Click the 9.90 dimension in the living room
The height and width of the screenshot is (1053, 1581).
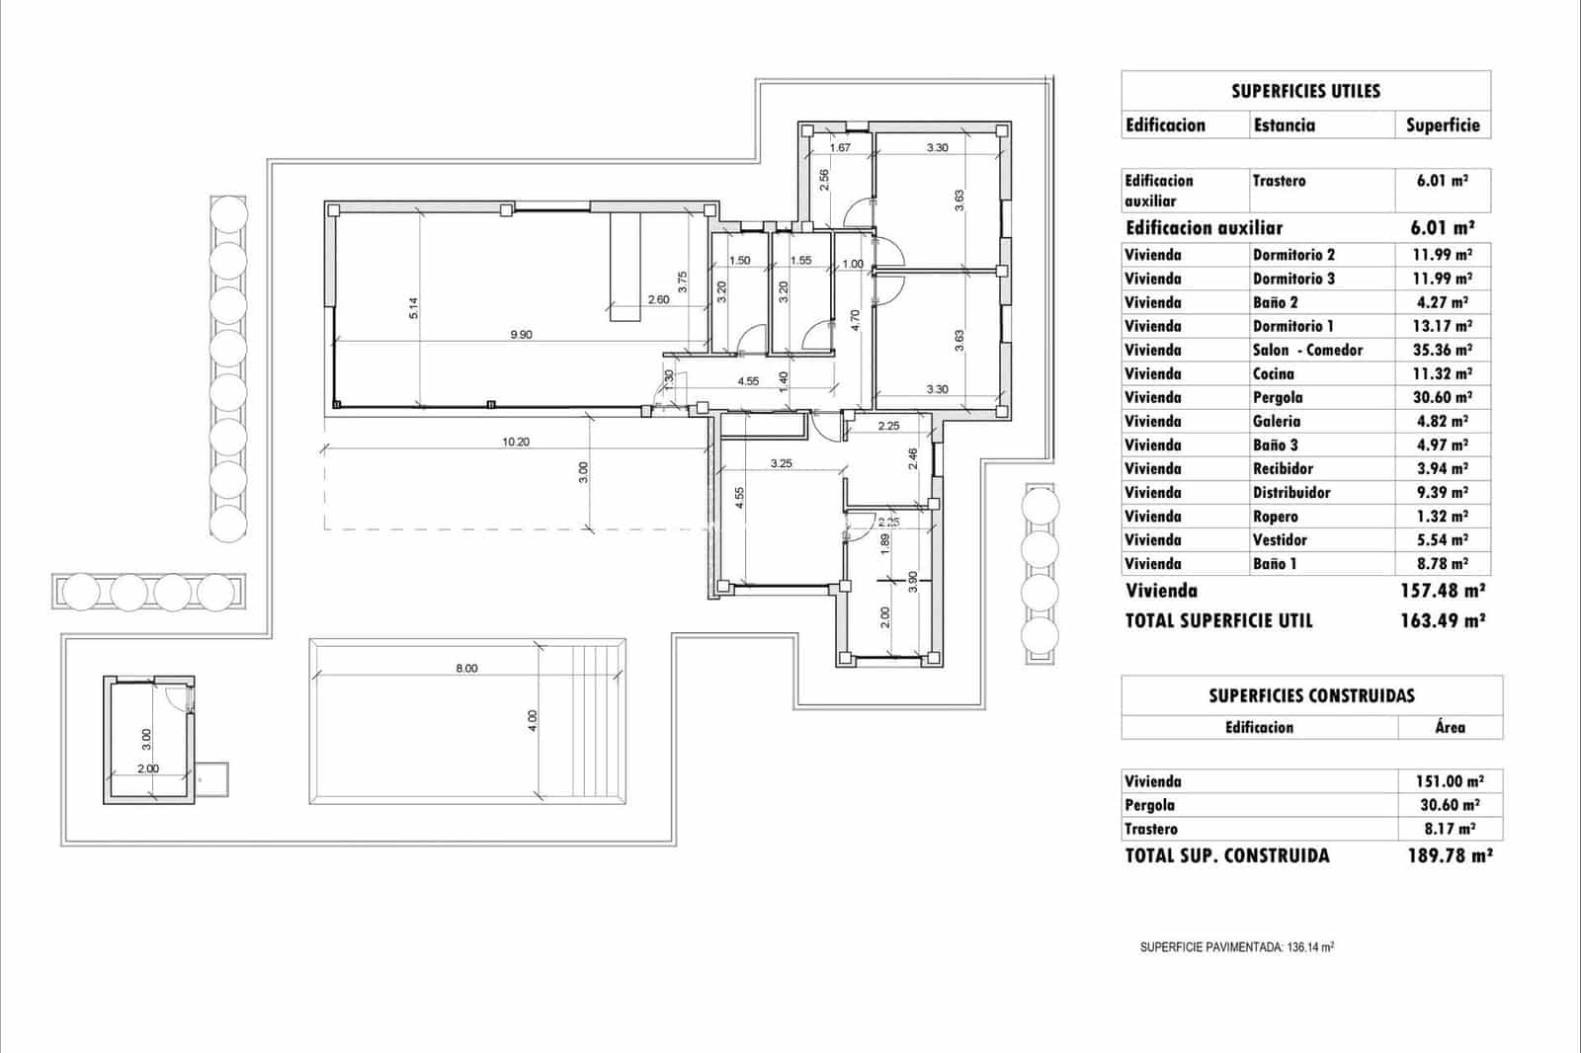521,335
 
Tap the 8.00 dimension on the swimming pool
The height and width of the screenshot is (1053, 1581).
466,669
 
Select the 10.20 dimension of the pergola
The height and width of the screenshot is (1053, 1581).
515,443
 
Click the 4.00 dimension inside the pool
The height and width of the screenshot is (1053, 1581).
533,721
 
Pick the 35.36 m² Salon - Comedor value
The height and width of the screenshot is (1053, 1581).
1443,350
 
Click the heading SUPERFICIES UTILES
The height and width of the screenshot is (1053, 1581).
1305,91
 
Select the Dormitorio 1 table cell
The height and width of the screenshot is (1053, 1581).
1292,326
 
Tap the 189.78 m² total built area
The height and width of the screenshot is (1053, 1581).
1449,856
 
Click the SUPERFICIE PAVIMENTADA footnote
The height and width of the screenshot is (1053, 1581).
1236,947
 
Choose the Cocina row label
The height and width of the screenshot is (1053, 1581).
1273,373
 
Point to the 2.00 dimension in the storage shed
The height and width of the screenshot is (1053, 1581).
147,769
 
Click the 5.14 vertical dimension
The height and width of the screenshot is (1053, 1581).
414,308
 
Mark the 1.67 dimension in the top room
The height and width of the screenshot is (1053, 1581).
840,148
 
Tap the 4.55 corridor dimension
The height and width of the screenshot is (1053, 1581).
748,381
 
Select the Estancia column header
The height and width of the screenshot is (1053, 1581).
1284,125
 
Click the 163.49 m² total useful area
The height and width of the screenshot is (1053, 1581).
1443,621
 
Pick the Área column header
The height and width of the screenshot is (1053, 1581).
1450,727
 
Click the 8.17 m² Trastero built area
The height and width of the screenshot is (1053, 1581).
1449,829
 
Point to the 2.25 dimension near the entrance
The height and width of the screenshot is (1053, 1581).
888,427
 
